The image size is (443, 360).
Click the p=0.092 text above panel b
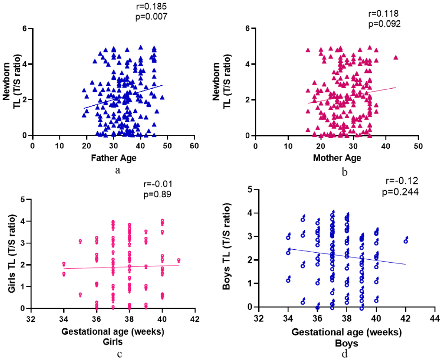(385, 24)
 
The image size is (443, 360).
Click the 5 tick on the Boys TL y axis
(250, 189)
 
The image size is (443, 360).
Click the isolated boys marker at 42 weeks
(406, 240)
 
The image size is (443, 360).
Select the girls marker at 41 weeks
(179, 261)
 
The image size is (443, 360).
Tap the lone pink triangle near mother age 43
(396, 57)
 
